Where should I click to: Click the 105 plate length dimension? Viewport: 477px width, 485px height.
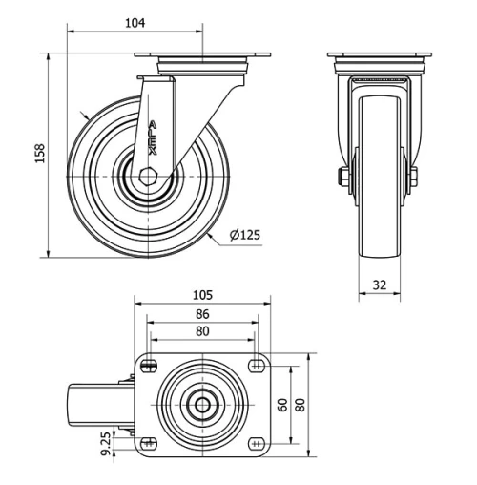pos(201,295)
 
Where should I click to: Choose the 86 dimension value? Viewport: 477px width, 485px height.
pos(201,314)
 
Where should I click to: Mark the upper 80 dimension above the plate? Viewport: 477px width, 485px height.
pos(201,331)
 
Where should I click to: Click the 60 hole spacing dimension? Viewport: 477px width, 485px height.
pos(282,404)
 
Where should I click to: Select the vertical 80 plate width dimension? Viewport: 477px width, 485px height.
pos(301,404)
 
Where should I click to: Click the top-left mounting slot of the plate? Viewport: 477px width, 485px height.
pos(150,365)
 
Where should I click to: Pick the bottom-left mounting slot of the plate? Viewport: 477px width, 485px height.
pos(150,444)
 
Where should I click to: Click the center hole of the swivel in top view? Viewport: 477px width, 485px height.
pos(202,405)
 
